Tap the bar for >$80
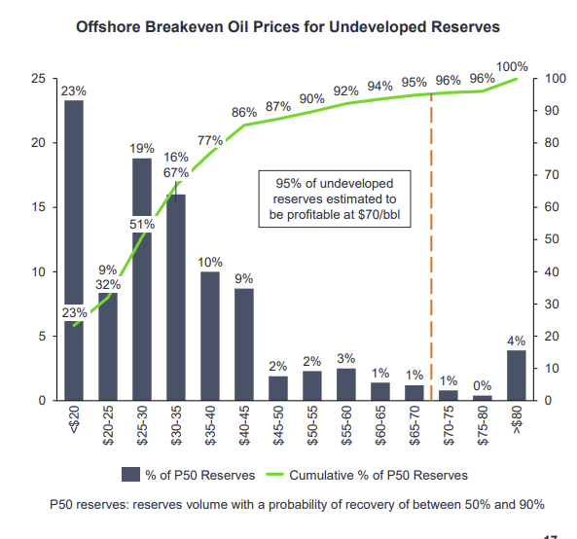click(x=517, y=376)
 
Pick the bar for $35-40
click(x=210, y=336)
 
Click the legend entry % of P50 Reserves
click(x=190, y=475)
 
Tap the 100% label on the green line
click(x=511, y=66)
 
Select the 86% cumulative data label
click(x=244, y=113)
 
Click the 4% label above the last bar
click(x=517, y=341)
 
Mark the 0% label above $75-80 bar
click(x=483, y=385)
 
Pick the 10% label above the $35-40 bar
click(x=210, y=263)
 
